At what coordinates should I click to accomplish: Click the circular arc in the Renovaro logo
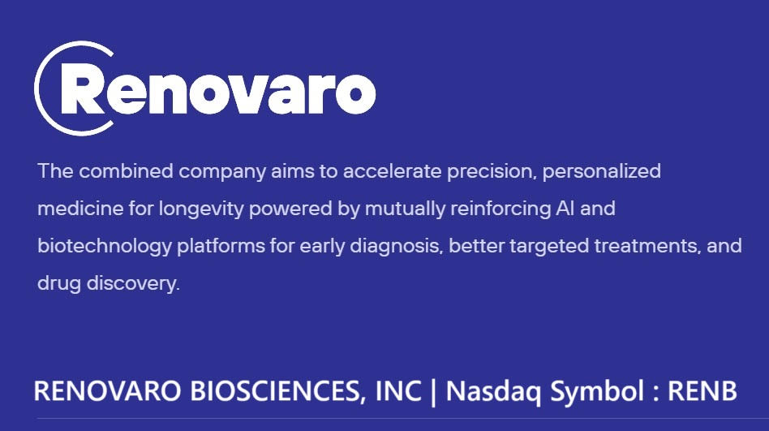click(37, 88)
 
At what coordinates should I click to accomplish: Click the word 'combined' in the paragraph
click(126, 171)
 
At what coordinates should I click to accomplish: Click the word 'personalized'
click(602, 172)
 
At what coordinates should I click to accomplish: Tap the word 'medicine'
click(80, 209)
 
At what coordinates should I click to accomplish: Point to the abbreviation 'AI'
click(565, 209)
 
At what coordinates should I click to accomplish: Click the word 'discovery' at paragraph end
click(133, 284)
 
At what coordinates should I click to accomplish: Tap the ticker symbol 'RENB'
click(702, 391)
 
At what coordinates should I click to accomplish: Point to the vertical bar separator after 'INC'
click(433, 392)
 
